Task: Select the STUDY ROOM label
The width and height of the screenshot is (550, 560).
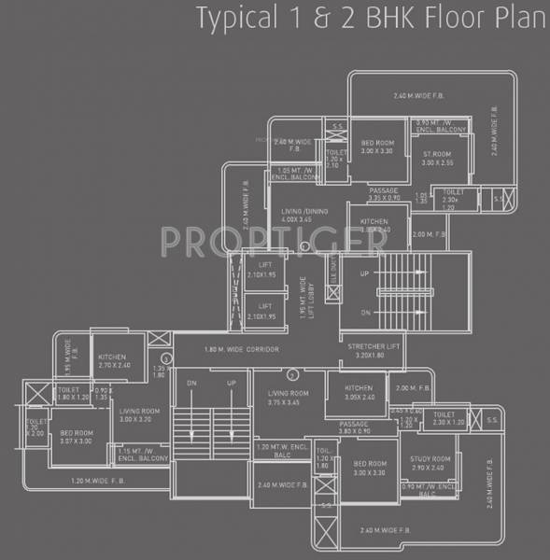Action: pos(430,464)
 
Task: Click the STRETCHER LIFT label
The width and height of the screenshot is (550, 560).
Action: pos(367,350)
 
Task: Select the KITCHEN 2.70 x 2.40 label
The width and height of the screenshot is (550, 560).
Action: pos(113,361)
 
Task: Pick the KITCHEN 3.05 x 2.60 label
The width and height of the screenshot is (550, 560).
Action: pos(358,392)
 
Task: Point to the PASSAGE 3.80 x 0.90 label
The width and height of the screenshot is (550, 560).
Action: pos(355,427)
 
